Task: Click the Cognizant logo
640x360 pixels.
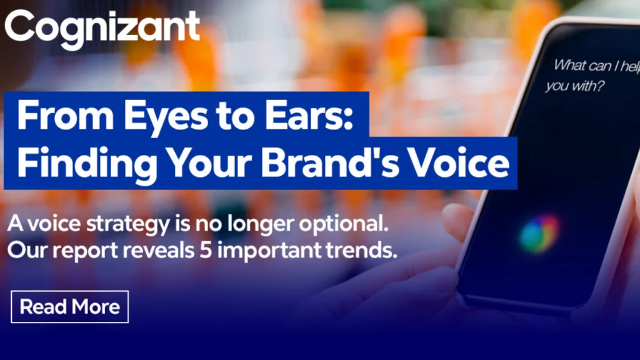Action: [x=102, y=29]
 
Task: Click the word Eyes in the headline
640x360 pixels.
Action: [x=164, y=117]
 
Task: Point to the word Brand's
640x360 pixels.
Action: [x=330, y=162]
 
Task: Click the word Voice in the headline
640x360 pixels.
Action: [x=459, y=162]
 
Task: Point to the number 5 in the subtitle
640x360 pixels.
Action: [x=206, y=250]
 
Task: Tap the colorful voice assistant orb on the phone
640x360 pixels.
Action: [x=539, y=234]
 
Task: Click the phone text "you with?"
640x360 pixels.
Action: [x=575, y=86]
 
